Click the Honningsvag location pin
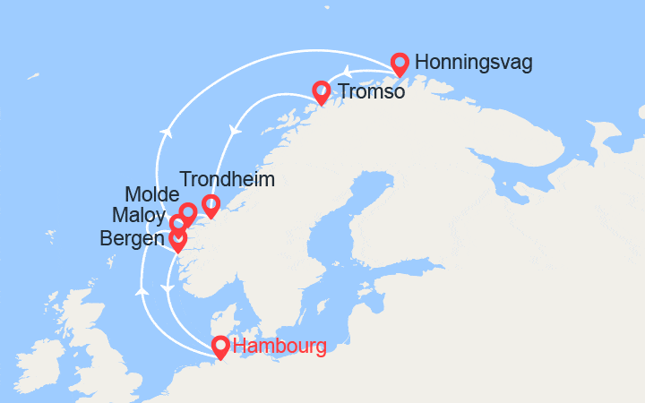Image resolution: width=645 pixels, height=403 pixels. pyautogui.click(x=400, y=63)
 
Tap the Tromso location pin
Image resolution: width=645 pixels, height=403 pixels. pyautogui.click(x=321, y=90)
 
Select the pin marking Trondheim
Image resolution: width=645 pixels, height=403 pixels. pyautogui.click(x=211, y=204)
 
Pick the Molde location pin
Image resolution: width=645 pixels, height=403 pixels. pyautogui.click(x=188, y=212)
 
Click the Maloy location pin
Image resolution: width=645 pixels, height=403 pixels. pyautogui.click(x=178, y=224)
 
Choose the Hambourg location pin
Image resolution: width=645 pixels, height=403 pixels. pyautogui.click(x=219, y=346)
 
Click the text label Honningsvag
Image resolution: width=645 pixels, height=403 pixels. pyautogui.click(x=474, y=63)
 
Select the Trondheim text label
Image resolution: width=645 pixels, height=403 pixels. pyautogui.click(x=228, y=180)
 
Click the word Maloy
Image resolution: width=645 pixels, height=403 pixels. pyautogui.click(x=139, y=216)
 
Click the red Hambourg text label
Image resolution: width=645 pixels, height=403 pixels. pyautogui.click(x=279, y=347)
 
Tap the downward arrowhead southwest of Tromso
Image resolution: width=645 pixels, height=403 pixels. pyautogui.click(x=236, y=131)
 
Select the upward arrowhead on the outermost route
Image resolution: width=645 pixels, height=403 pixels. pyautogui.click(x=166, y=133)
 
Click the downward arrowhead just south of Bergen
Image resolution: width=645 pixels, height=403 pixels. pyautogui.click(x=167, y=288)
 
